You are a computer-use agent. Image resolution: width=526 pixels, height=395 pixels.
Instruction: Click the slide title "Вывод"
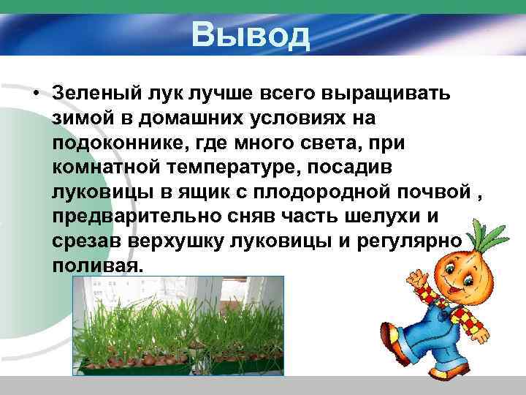tap(251, 35)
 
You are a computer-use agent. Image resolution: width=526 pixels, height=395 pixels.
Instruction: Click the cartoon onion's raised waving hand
tap(416, 280)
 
